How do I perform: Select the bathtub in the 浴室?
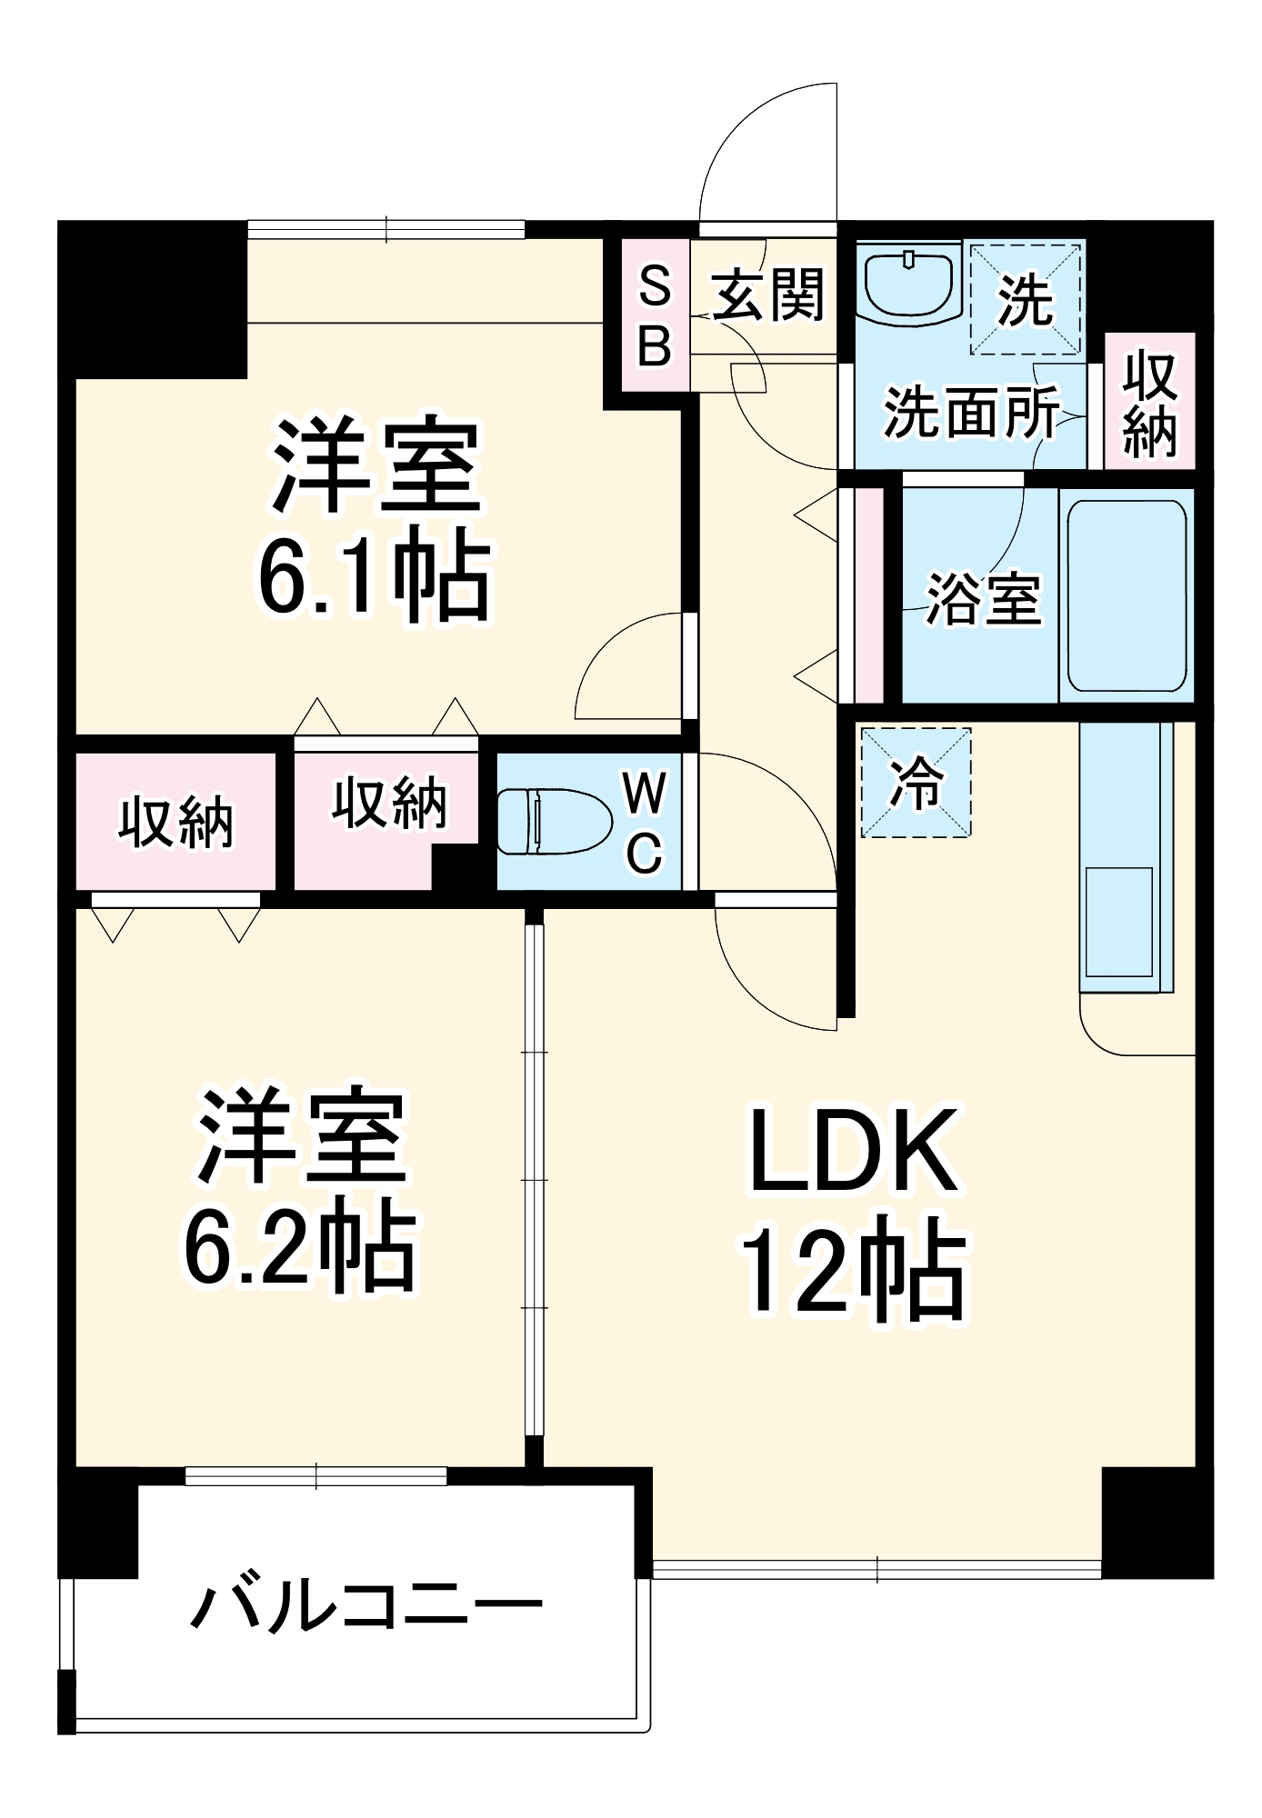1127,595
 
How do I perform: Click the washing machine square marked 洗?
1026,298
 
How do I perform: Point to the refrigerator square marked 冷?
916,782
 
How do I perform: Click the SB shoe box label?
655,315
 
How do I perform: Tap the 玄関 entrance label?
768,295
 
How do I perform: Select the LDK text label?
852,1150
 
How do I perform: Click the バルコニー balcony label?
366,1606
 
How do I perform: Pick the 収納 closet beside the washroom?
1149,403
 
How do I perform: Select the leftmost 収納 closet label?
175,823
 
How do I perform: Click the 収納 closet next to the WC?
388,804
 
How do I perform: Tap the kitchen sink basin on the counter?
1118,922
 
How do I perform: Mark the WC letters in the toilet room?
645,823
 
